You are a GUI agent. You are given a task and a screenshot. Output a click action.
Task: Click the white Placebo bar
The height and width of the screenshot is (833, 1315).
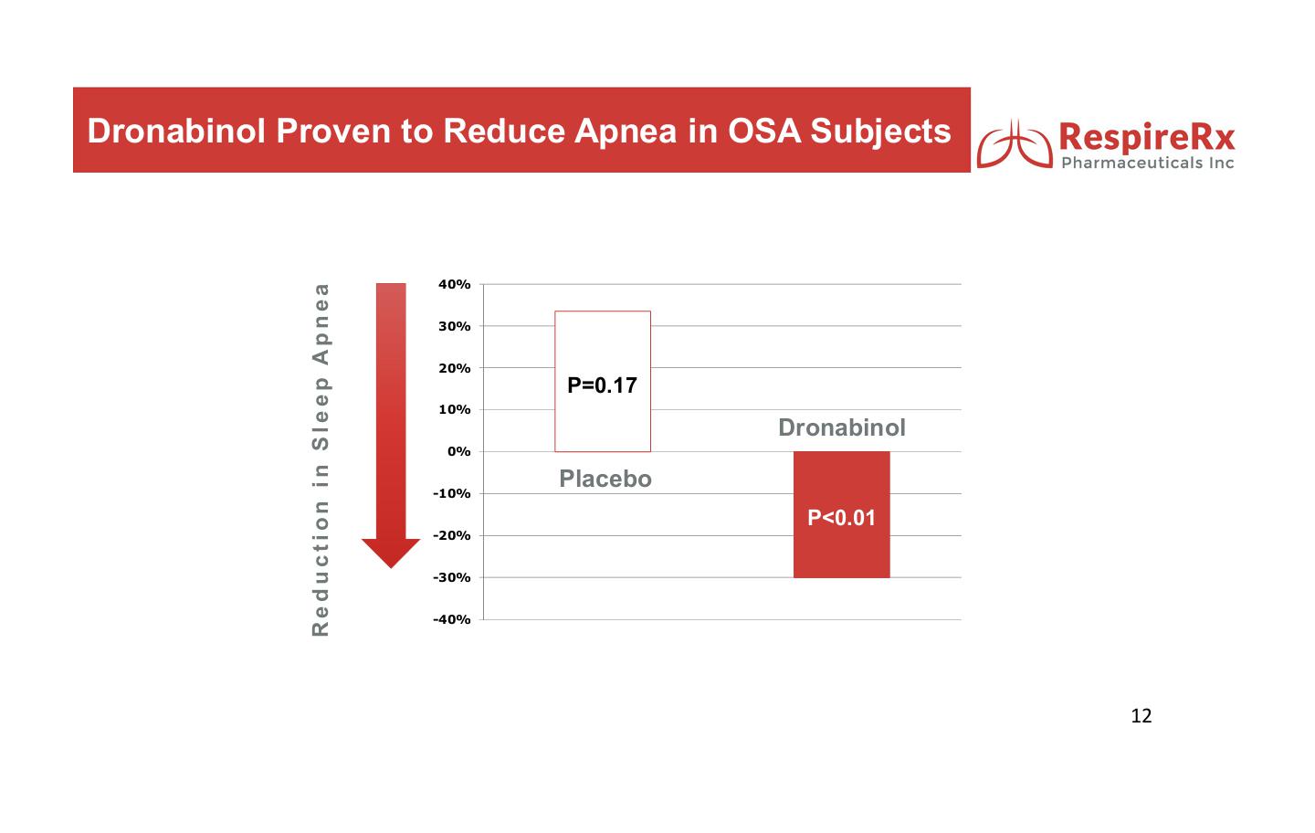[x=603, y=382]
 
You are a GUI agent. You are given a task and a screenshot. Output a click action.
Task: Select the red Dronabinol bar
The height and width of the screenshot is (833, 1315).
[x=842, y=514]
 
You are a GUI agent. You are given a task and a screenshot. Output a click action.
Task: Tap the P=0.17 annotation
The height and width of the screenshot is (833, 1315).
[x=603, y=385]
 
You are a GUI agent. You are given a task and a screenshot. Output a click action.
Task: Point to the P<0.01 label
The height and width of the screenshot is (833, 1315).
[x=841, y=519]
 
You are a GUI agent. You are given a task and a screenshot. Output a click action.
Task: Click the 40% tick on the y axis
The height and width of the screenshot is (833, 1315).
[x=455, y=285]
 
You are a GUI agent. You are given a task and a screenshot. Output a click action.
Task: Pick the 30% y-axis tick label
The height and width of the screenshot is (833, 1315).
[x=455, y=326]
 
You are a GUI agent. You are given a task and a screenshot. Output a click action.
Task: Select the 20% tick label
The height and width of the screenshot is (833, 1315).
[x=455, y=369]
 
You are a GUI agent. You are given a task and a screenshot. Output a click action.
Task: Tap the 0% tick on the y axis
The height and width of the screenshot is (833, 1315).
[x=459, y=452]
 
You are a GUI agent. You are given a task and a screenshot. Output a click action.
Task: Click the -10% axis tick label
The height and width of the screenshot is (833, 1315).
[x=452, y=494]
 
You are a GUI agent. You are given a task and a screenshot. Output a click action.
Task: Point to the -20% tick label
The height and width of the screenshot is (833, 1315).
[x=452, y=536]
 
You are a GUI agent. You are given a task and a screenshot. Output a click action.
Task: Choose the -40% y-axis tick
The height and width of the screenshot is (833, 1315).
[x=452, y=620]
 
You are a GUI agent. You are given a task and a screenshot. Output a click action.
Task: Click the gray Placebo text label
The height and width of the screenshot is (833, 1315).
[x=605, y=479]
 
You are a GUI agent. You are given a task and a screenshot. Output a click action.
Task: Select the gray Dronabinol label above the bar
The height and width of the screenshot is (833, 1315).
[x=842, y=427]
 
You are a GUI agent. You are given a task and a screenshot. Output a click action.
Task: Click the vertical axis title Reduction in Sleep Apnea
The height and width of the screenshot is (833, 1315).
[x=321, y=460]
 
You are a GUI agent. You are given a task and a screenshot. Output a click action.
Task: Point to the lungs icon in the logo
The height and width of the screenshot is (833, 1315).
[x=1015, y=144]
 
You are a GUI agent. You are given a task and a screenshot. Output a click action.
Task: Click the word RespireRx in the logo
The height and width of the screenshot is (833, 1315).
[x=1147, y=137]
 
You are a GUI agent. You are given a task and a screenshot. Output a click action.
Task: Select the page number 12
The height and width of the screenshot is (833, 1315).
[x=1141, y=716]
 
